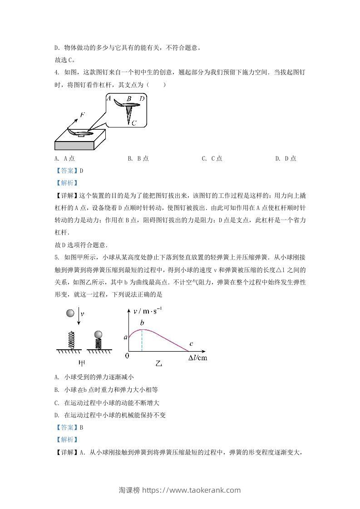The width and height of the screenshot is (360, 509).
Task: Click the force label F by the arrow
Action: pos(82,115)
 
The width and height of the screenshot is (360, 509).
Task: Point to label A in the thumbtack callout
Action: pos(108,98)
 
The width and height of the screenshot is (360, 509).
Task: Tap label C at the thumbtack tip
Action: pos(134,122)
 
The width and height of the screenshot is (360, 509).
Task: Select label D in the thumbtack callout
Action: pos(142,98)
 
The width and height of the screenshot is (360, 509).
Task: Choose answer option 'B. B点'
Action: pos(138,158)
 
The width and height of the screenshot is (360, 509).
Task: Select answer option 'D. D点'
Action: pos(286,158)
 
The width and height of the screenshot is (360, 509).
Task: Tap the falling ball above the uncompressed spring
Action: pos(70,313)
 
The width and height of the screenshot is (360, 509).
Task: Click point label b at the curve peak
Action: pos(142,323)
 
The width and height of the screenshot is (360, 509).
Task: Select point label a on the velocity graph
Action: pos(125,337)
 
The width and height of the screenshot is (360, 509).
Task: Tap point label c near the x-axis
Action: pos(191,343)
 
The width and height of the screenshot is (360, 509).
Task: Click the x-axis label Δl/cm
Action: pos(198,358)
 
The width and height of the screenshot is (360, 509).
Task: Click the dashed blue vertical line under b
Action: pos(142,340)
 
